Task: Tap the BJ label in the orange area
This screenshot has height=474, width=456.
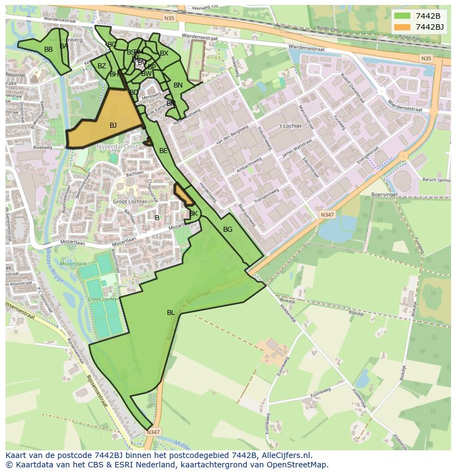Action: coord(113,126)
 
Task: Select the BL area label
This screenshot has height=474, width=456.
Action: coord(171,313)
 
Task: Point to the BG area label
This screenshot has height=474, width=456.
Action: coord(227,230)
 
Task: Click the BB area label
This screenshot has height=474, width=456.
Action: coord(48,50)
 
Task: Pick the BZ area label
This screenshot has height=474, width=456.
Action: coord(102,66)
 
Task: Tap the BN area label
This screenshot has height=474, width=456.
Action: coord(178,85)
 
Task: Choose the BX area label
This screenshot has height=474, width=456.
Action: coord(164,53)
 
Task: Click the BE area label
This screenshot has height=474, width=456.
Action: coord(164,151)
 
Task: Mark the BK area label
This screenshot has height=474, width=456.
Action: coord(193,214)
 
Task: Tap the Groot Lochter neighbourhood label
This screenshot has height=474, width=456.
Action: coord(130,202)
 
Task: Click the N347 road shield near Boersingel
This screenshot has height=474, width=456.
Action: coord(327,215)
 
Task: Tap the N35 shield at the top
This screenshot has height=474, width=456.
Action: coord(169,18)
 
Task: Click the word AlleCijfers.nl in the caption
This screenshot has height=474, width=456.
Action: coord(285,455)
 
